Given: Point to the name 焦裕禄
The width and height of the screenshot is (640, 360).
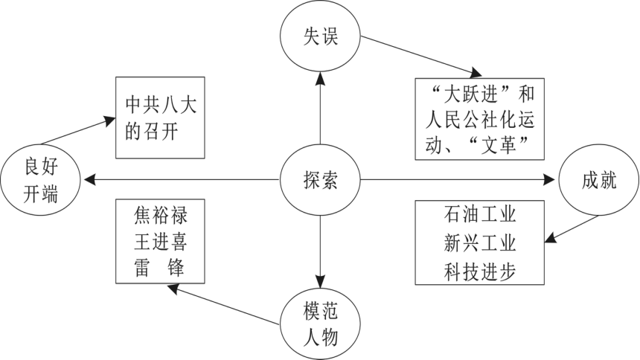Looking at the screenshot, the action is tap(161, 215).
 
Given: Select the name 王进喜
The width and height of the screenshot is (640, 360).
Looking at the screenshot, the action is tap(161, 242).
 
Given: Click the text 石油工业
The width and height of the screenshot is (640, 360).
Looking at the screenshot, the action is tap(479, 215).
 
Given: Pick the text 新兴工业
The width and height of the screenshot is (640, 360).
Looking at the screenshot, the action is tap(479, 243).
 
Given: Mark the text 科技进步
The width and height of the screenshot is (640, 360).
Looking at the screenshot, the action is tap(479, 271).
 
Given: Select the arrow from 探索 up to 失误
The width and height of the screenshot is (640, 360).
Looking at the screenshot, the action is tap(320, 108).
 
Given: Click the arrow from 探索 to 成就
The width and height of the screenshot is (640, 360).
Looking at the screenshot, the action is tap(458, 179).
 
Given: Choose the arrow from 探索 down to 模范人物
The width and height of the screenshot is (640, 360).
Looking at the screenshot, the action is tap(320, 252).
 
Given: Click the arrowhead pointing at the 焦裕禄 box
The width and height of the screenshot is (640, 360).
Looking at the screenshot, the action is tap(173, 289).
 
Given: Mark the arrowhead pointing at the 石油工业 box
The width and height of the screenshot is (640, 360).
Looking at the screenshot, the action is tap(551, 237).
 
